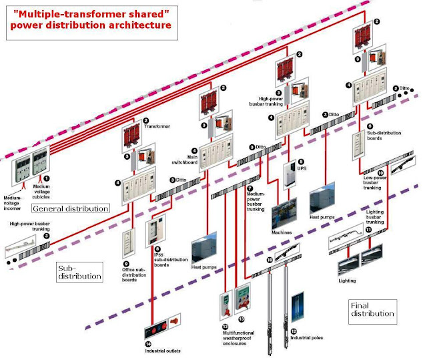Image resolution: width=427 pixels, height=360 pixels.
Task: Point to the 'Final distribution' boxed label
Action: (372, 309)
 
